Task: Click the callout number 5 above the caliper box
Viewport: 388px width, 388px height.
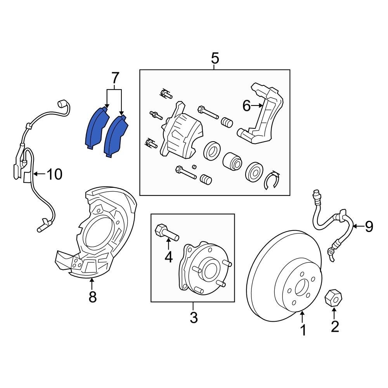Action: (x=215, y=59)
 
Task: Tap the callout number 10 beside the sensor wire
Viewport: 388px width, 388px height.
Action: (x=54, y=175)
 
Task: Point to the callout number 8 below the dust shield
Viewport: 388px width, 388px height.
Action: (x=92, y=297)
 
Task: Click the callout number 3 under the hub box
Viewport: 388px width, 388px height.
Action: (x=194, y=318)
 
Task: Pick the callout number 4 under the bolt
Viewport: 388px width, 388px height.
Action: (x=168, y=256)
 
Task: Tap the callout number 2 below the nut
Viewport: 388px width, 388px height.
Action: (x=334, y=326)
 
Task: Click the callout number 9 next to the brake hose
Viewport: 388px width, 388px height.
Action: (x=368, y=226)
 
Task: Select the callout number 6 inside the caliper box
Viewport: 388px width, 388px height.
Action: (x=247, y=106)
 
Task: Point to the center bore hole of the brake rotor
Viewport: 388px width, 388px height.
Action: (x=301, y=288)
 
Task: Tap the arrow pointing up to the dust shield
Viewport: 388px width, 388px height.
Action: (x=92, y=283)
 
